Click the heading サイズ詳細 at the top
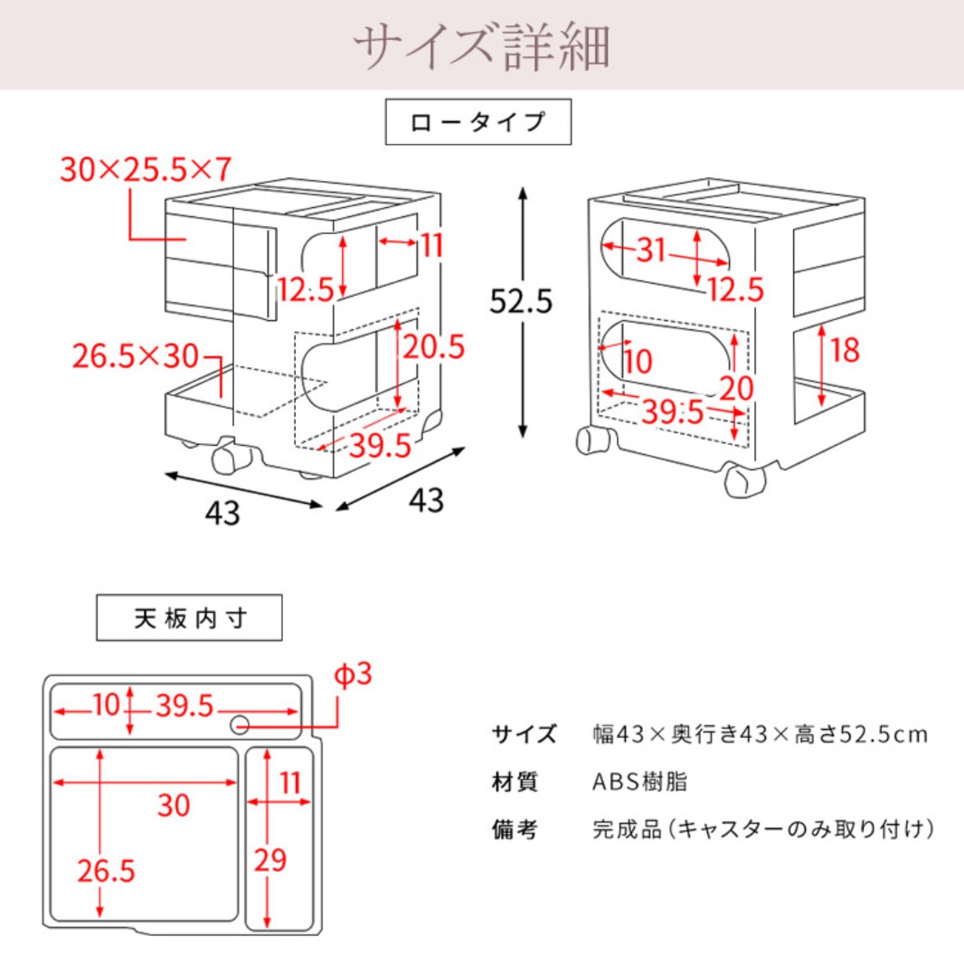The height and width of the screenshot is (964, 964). pyautogui.click(x=481, y=47)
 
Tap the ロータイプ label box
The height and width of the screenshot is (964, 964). pyautogui.click(x=478, y=122)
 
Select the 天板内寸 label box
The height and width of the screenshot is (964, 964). pyautogui.click(x=189, y=618)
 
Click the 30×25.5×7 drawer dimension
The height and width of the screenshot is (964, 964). pyautogui.click(x=145, y=170)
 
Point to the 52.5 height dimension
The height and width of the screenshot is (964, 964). pyautogui.click(x=521, y=301)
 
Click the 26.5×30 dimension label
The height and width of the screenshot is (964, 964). pyautogui.click(x=136, y=356)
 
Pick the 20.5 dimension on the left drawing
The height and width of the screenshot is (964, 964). pyautogui.click(x=434, y=347)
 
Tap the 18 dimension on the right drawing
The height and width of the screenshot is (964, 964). pyautogui.click(x=844, y=350)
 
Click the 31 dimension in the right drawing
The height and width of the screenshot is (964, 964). pyautogui.click(x=651, y=249)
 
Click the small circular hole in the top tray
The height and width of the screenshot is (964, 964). pyautogui.click(x=240, y=725)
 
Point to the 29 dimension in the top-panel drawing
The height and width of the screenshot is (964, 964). pyautogui.click(x=270, y=860)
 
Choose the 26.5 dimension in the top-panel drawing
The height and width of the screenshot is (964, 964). pyautogui.click(x=106, y=871)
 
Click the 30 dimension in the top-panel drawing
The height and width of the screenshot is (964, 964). pyautogui.click(x=173, y=806)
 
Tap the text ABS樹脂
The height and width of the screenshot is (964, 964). pyautogui.click(x=639, y=782)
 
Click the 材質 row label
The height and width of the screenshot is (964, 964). pyautogui.click(x=515, y=782)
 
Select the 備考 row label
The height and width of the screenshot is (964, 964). pyautogui.click(x=515, y=829)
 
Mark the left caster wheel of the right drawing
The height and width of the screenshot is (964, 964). pyautogui.click(x=591, y=440)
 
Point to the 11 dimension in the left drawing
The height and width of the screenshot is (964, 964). pyautogui.click(x=432, y=246)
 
